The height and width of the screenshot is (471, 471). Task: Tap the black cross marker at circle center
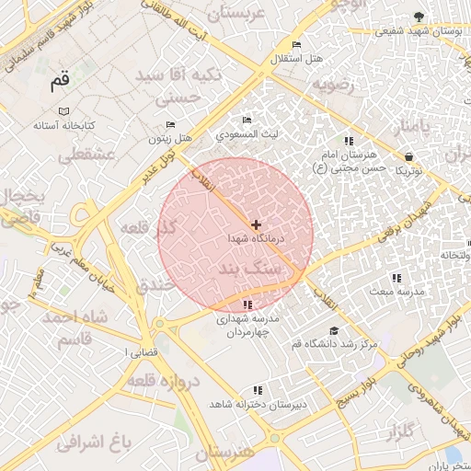tap(256, 224)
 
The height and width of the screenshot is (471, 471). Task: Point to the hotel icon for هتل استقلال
tap(296, 45)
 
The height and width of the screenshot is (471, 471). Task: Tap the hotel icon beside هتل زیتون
tap(170, 125)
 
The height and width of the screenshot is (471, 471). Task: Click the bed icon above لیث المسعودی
tap(246, 121)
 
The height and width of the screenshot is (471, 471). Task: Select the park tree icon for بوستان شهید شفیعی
tap(419, 17)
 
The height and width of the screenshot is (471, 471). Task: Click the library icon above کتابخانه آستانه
tap(63, 110)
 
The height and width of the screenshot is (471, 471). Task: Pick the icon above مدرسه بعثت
tap(396, 277)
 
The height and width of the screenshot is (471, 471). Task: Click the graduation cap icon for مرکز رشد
tap(333, 331)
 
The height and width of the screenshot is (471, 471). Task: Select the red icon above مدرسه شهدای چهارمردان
tap(247, 305)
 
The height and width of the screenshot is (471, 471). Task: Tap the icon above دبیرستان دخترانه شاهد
tap(258, 390)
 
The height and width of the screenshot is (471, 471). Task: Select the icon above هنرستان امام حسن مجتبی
tap(348, 141)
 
